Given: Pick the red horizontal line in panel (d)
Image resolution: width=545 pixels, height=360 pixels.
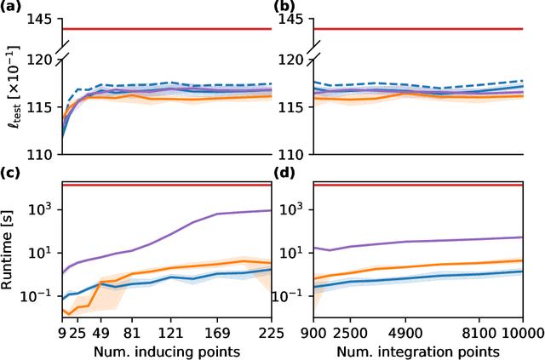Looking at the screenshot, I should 417,184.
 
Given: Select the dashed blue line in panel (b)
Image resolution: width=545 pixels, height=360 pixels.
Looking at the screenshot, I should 426,85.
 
